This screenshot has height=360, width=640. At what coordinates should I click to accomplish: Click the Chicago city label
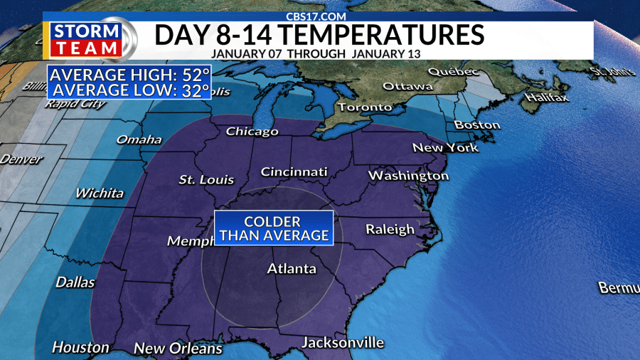point(252,132)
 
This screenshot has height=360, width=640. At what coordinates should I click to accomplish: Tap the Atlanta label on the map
point(292,269)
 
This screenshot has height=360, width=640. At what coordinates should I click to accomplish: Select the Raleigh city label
point(390,229)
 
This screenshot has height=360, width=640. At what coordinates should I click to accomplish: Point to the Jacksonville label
point(343,343)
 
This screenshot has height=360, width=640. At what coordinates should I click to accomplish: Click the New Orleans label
point(178,349)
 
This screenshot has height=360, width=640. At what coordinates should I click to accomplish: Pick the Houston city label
point(81,347)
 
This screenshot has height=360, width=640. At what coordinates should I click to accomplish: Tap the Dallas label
point(75,282)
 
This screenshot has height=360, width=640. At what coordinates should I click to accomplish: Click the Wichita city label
point(100,193)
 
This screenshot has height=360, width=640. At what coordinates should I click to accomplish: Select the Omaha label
point(139,139)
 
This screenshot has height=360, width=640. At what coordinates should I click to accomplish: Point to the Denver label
point(21,159)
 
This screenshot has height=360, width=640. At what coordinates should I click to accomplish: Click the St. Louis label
point(206,179)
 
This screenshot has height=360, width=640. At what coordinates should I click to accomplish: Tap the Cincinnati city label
point(294,172)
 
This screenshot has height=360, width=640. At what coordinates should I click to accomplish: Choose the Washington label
point(408,175)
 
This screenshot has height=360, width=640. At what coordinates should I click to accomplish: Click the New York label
point(446,148)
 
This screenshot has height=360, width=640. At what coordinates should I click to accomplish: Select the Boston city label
point(477,125)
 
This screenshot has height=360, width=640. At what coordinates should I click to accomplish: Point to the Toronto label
point(365,107)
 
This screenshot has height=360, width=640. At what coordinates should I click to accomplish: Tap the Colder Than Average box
point(274,228)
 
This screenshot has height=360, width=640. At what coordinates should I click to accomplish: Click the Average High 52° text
point(129,75)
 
